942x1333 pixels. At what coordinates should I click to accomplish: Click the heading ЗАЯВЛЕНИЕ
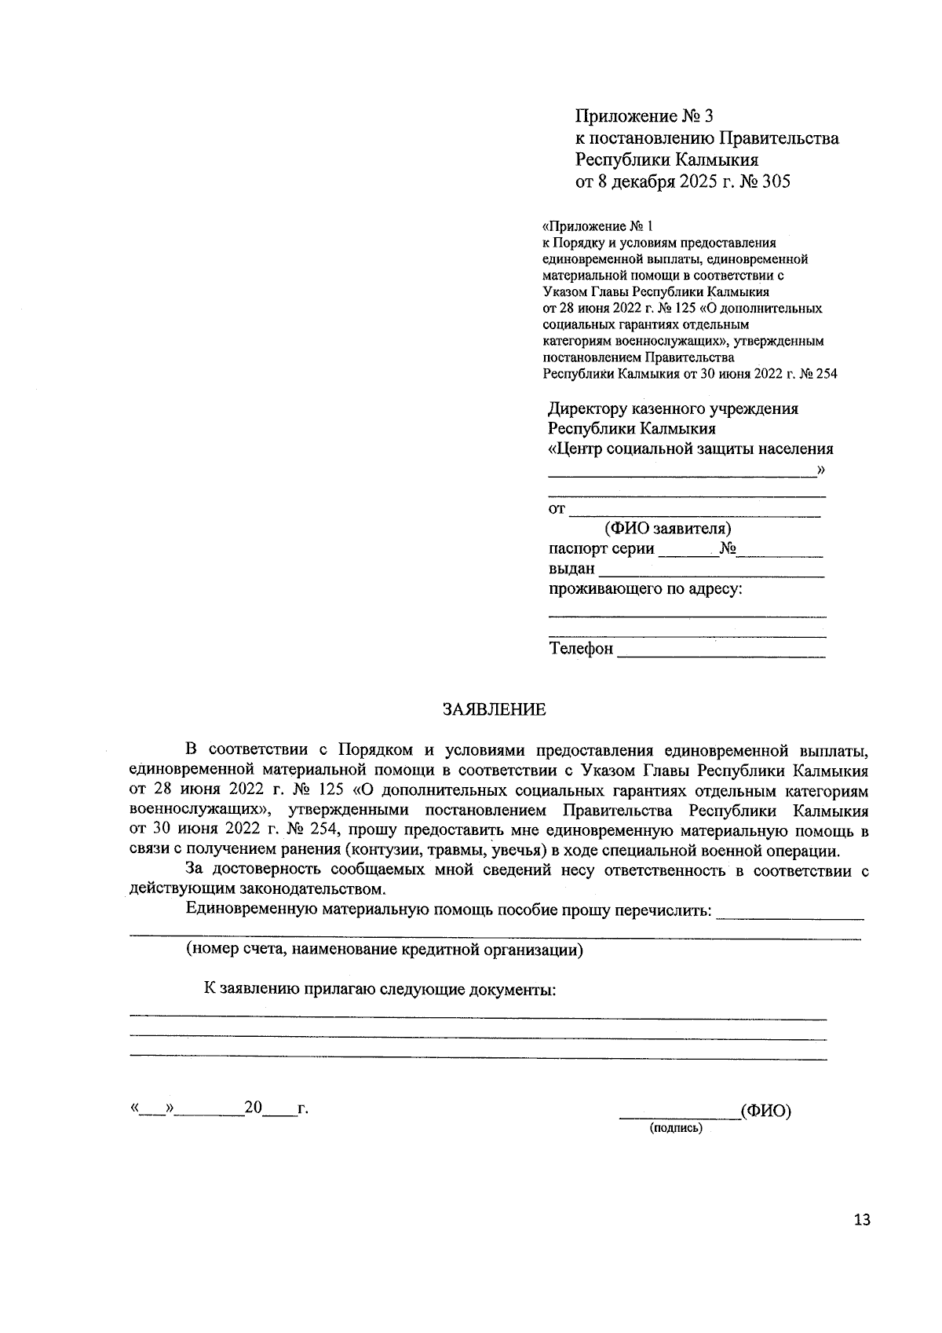(494, 710)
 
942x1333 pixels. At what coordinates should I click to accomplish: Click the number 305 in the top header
(774, 182)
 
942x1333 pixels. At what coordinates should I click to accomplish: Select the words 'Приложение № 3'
(644, 116)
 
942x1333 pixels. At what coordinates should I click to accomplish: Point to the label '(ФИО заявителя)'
(668, 529)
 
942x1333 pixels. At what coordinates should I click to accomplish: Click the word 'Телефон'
(581, 649)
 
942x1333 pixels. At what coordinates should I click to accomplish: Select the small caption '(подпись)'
(675, 1128)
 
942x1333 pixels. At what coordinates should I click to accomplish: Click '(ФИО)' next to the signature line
(765, 1111)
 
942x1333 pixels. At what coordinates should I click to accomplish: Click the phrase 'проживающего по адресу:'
(645, 589)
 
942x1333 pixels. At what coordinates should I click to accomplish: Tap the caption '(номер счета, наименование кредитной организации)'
(385, 950)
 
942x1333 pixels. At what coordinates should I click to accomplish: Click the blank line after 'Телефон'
(721, 652)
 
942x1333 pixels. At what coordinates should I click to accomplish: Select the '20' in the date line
(253, 1108)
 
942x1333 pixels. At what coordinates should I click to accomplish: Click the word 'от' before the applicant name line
(557, 509)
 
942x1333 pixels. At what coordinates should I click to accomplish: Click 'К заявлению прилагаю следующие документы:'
(380, 989)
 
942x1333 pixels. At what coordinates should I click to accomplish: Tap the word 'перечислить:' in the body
(666, 910)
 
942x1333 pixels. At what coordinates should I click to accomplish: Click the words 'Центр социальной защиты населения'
(694, 449)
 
